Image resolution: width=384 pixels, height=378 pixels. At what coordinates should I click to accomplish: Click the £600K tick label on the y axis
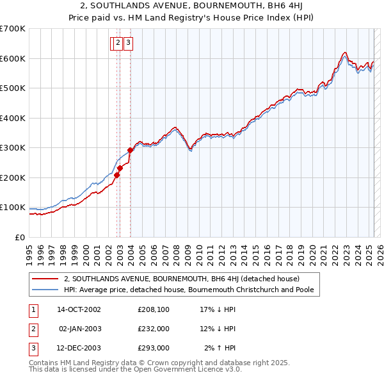(x=13, y=58)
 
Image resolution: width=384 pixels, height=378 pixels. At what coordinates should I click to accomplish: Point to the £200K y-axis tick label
(x=13, y=177)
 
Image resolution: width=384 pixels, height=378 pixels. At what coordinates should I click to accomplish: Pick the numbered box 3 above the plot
(x=128, y=44)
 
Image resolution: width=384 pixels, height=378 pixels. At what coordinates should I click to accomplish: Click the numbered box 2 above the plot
(x=118, y=44)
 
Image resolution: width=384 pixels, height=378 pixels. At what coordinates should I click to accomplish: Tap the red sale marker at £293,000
(x=130, y=150)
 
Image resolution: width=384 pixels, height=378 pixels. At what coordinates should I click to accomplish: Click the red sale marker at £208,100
(x=116, y=175)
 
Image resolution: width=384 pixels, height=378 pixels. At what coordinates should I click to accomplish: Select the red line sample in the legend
(x=45, y=279)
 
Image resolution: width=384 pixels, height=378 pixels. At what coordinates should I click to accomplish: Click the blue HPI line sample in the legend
(x=45, y=290)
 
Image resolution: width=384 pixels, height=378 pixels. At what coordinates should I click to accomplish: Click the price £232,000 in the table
(x=154, y=329)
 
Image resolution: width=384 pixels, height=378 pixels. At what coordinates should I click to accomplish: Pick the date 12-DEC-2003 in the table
(x=79, y=348)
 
